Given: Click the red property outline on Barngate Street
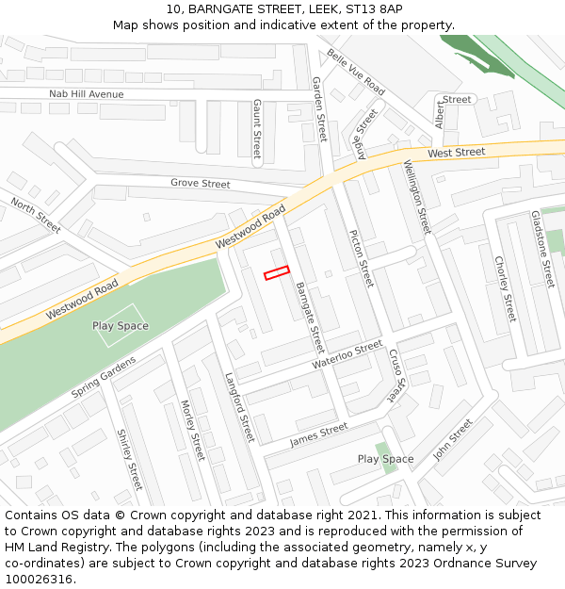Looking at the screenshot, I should pyautogui.click(x=276, y=272).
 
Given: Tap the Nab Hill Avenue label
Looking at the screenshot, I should pyautogui.click(x=87, y=94).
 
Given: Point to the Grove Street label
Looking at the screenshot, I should pyautogui.click(x=200, y=184).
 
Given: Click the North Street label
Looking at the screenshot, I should pyautogui.click(x=36, y=216).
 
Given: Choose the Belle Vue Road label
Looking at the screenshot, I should pyautogui.click(x=357, y=73).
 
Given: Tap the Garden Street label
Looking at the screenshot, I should pyautogui.click(x=319, y=109).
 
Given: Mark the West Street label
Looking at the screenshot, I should pyautogui.click(x=457, y=152).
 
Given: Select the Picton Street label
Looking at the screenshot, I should pyautogui.click(x=362, y=258).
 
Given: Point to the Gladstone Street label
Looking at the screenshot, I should pyautogui.click(x=542, y=249).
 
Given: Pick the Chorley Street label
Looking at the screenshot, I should pyautogui.click(x=506, y=289).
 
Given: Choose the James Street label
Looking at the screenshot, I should pyautogui.click(x=318, y=434).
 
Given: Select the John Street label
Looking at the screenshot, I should pyautogui.click(x=452, y=439).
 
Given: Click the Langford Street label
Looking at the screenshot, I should pyautogui.click(x=240, y=406).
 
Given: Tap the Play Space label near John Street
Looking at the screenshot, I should pyautogui.click(x=385, y=459).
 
